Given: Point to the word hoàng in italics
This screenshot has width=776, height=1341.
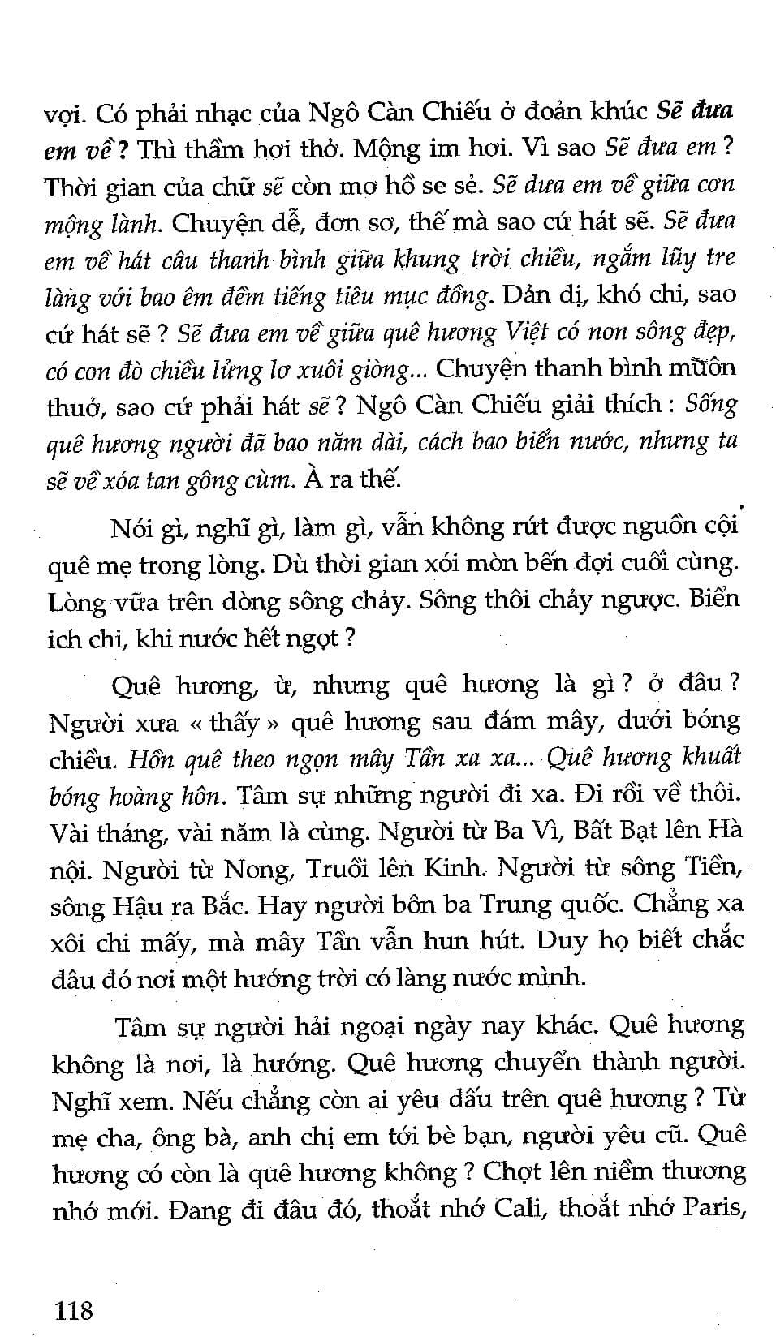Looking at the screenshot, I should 143,797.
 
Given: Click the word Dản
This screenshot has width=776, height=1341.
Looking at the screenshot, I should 528,295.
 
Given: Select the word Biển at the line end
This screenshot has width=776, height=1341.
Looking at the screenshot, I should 714,600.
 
